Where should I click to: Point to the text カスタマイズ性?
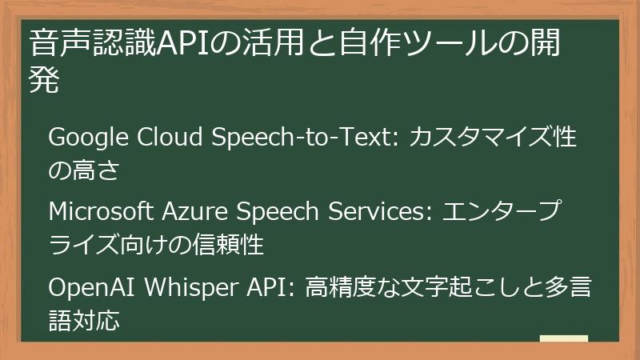point(493,138)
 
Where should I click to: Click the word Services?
point(378,213)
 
